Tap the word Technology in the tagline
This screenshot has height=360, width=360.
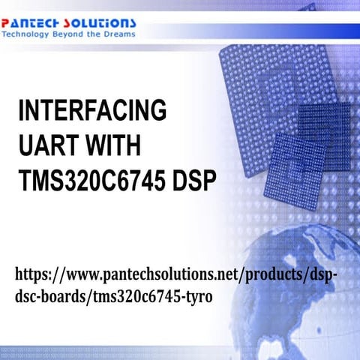29,34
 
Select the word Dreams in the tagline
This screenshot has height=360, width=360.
118,34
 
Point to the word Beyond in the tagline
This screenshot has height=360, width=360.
75,34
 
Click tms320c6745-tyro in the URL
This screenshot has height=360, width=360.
153,297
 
